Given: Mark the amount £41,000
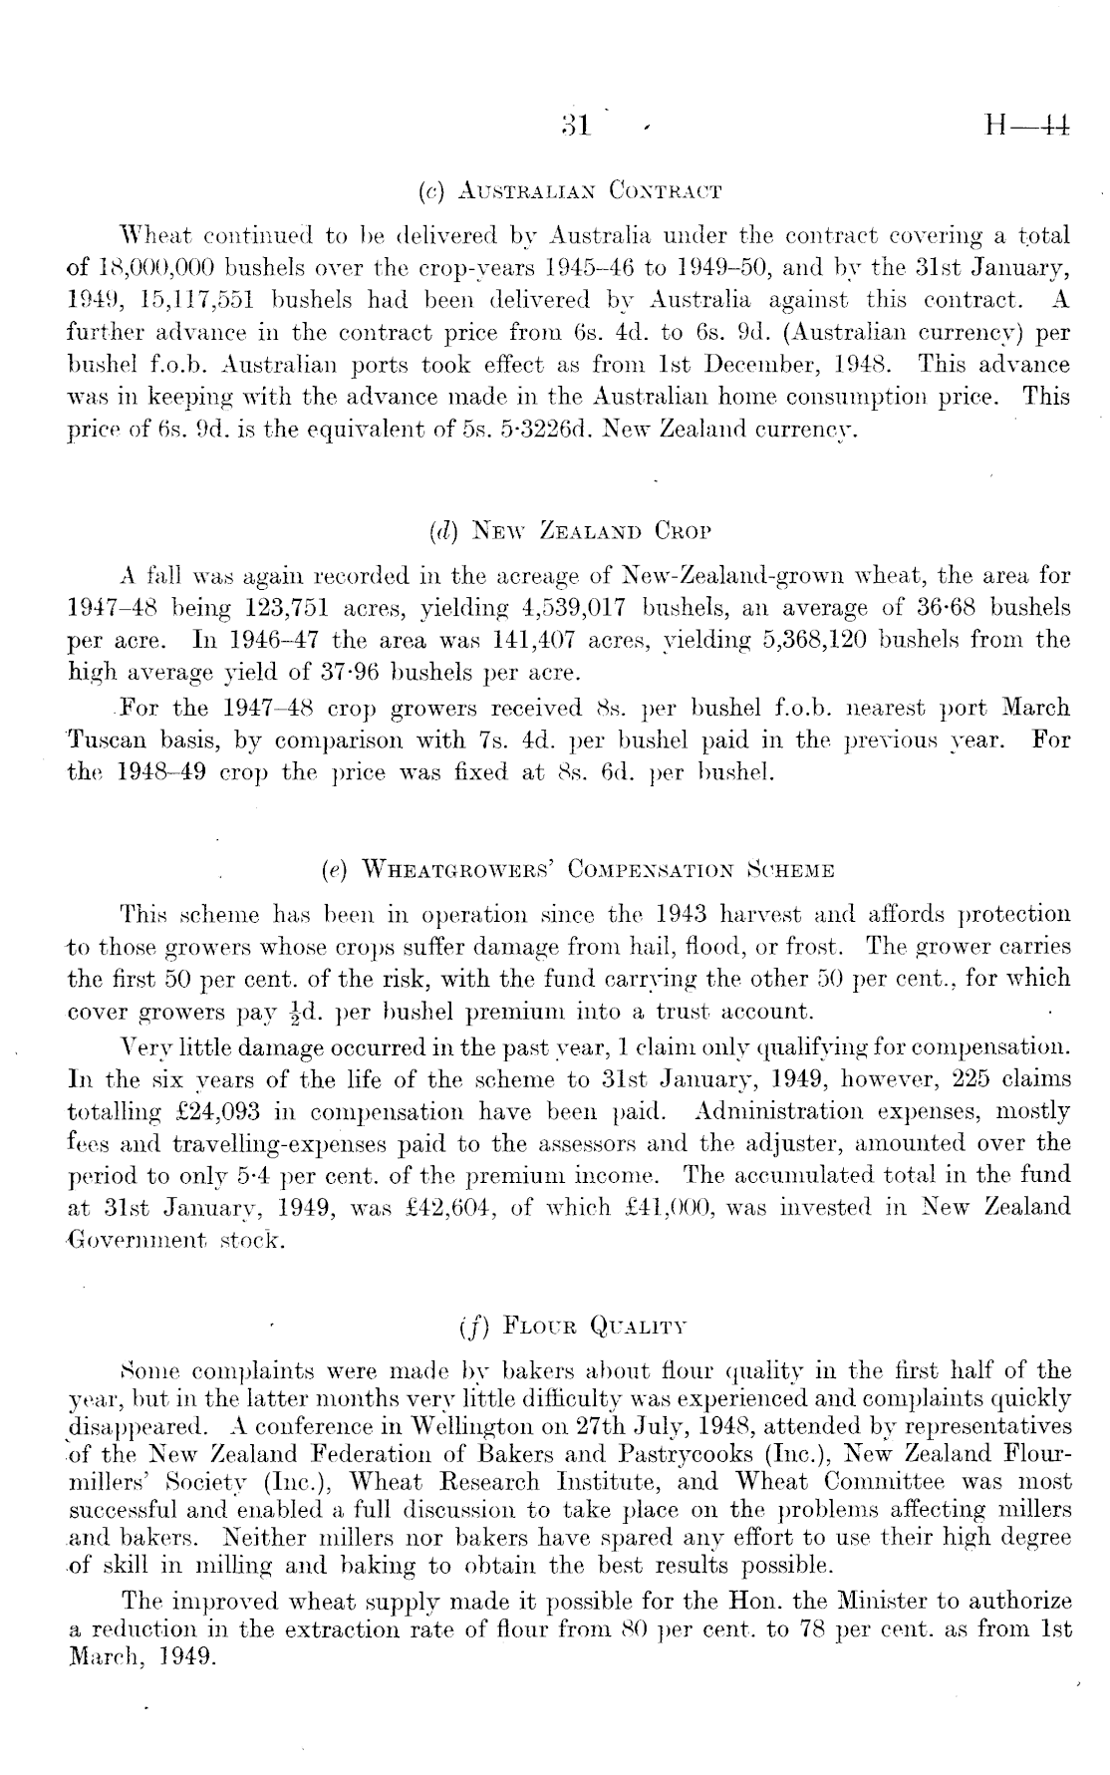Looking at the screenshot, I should (670, 1209).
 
